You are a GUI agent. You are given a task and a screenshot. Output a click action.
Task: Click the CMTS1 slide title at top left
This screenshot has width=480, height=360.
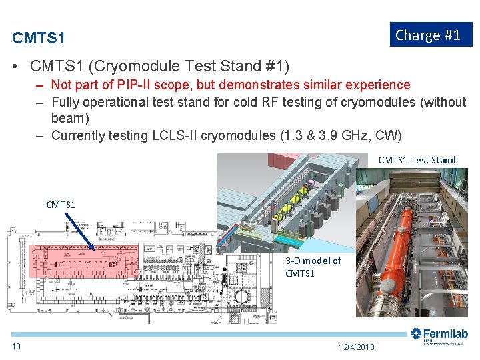point(39,38)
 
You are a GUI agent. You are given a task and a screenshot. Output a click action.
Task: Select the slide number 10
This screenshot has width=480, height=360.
point(16,346)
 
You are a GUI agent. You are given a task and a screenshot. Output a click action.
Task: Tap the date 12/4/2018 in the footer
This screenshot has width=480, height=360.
point(357,347)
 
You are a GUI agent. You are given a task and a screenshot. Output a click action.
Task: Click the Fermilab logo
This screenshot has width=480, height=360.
point(439,335)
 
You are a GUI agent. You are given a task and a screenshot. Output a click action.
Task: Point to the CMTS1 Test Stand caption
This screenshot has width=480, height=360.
point(417,160)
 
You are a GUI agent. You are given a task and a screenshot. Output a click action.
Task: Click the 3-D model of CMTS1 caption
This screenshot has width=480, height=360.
point(313,267)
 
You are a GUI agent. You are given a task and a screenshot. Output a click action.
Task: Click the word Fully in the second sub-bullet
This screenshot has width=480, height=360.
point(64,102)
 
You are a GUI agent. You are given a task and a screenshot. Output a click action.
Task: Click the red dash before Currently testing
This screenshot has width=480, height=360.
point(40,135)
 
